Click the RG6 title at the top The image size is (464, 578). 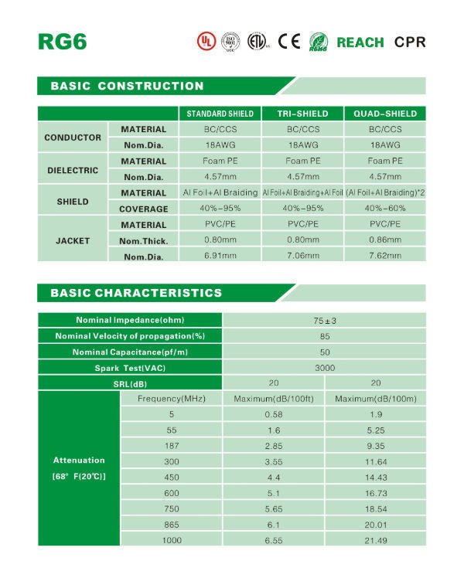click(62, 41)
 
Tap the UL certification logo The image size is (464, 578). click(204, 41)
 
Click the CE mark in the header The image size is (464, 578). click(288, 41)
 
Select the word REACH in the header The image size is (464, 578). click(360, 42)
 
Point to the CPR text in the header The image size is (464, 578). click(410, 42)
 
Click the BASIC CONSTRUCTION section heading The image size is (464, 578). click(127, 86)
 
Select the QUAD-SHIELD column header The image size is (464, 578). click(385, 114)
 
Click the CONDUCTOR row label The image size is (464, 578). click(73, 138)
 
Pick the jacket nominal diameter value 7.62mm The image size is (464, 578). click(385, 256)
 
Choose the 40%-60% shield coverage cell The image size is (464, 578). click(385, 209)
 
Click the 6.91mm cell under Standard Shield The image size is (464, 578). click(220, 256)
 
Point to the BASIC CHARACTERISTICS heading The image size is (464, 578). click(136, 293)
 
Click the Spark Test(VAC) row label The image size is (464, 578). click(130, 368)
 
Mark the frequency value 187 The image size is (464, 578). click(172, 445)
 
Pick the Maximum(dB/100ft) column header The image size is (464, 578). click(273, 399)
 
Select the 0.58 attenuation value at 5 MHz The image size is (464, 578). click(273, 414)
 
